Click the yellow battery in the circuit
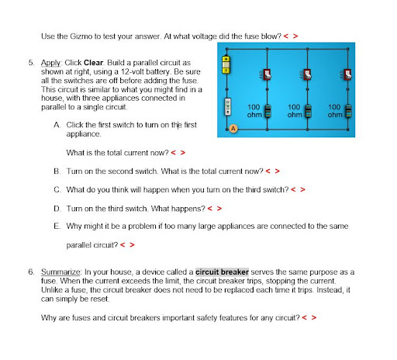click(226, 64)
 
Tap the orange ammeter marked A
click(233, 129)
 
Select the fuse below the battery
click(227, 107)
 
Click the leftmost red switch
click(267, 74)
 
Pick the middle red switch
click(307, 74)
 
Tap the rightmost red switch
click(347, 74)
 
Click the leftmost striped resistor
click(268, 111)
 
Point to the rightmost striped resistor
click(348, 111)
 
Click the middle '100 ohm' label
click(295, 111)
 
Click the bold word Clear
click(93, 63)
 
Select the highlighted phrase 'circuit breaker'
click(222, 272)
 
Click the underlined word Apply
click(50, 63)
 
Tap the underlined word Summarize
click(60, 272)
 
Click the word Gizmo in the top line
click(81, 36)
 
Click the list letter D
click(57, 209)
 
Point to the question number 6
click(31, 272)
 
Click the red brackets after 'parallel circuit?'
click(127, 244)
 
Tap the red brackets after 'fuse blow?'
click(291, 36)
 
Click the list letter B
click(57, 171)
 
